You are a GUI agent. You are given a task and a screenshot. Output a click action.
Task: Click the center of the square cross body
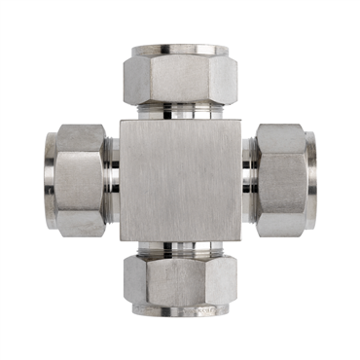tap(180, 180)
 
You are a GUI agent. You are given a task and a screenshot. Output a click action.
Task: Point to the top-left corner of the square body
tap(122, 122)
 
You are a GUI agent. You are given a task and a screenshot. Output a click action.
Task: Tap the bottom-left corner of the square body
tap(122, 241)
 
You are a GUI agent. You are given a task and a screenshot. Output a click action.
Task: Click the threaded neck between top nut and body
tap(180, 110)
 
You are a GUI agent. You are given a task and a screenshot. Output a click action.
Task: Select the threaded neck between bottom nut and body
tap(180, 250)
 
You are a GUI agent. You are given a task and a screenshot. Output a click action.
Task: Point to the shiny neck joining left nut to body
tap(112, 180)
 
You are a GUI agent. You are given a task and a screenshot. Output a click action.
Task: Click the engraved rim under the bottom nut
tap(180, 312)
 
